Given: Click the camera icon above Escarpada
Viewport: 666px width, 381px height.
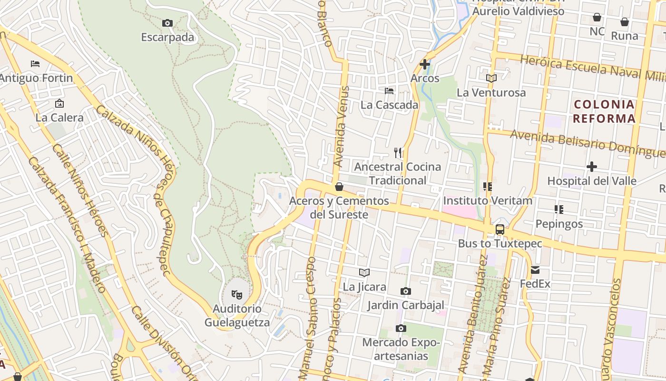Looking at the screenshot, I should [x=167, y=23].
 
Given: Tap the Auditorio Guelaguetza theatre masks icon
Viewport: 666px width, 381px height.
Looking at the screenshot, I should [x=236, y=295].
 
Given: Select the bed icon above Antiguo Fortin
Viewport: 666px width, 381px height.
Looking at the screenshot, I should [x=35, y=63].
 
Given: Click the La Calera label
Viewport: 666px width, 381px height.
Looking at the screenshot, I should [x=59, y=117].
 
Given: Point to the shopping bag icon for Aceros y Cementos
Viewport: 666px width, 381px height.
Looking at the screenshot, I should [x=339, y=187].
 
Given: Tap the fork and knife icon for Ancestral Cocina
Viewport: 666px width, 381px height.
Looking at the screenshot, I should [x=398, y=153].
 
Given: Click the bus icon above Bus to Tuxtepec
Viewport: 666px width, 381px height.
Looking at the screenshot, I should [x=500, y=230].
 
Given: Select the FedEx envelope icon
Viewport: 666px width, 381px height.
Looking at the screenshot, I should [x=535, y=270].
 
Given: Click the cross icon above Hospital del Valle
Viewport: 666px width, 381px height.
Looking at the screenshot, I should [x=592, y=167].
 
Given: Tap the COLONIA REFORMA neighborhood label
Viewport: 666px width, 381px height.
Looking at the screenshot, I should [x=604, y=111].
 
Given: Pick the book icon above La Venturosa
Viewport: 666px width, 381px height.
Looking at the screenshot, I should [x=491, y=78].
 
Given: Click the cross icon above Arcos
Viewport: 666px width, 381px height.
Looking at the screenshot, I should [x=425, y=64].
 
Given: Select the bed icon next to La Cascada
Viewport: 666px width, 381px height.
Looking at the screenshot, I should [x=389, y=90].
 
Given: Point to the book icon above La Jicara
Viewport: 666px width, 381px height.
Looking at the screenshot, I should [x=364, y=272].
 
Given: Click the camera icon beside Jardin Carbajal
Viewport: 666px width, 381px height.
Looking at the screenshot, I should [x=405, y=291].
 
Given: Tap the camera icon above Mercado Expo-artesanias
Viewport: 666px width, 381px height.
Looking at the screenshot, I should [x=401, y=328].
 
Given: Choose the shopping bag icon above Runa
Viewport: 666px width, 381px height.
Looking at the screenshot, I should [x=625, y=22].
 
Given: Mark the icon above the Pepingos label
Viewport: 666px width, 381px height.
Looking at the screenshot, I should [x=559, y=209].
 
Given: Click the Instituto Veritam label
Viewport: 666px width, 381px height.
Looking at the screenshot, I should [x=488, y=201].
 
